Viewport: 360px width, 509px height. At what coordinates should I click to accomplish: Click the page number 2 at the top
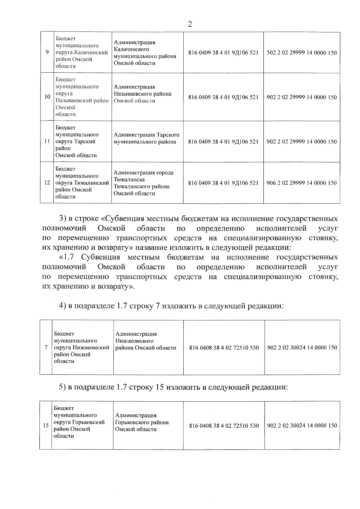pyautogui.click(x=190, y=24)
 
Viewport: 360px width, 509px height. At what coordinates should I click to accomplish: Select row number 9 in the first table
pyautogui.click(x=47, y=52)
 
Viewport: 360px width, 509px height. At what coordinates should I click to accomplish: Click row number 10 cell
pyautogui.click(x=47, y=97)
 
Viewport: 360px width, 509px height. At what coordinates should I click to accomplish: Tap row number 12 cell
pyautogui.click(x=47, y=183)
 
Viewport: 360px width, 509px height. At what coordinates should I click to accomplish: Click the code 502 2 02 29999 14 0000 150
pyautogui.click(x=301, y=53)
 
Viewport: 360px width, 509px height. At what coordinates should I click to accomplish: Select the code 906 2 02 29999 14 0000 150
pyautogui.click(x=301, y=183)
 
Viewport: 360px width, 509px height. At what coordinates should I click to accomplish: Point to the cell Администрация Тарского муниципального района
pyautogui.click(x=146, y=138)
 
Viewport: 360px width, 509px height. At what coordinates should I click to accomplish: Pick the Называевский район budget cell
pyautogui.click(x=82, y=97)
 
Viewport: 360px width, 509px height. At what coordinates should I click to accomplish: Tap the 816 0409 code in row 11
pyautogui.click(x=223, y=142)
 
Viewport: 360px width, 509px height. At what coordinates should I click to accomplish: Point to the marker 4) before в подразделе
pyautogui.click(x=62, y=306)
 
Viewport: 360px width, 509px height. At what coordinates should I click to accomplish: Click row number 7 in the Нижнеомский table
pyautogui.click(x=46, y=348)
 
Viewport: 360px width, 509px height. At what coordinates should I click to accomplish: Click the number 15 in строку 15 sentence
pyautogui.click(x=159, y=387)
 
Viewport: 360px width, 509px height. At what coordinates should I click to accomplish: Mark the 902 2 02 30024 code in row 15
pyautogui.click(x=302, y=426)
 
